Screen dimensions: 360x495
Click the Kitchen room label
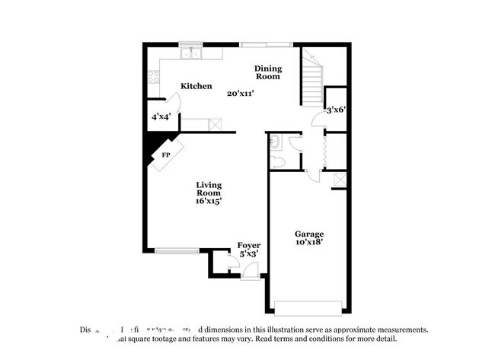coord(196,87)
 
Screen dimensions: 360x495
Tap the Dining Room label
coord(267,72)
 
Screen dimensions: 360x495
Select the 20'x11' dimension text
coord(240,94)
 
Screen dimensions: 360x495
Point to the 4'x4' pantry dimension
coord(161,117)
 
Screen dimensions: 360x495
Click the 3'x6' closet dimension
coord(336,110)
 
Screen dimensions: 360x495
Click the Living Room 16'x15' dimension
coord(208,201)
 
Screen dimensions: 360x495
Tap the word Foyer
coord(249,245)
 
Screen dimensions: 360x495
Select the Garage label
coord(309,234)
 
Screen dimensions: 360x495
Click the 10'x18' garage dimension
coord(309,243)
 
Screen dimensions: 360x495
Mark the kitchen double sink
coord(190,54)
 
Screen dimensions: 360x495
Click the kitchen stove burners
coord(153,76)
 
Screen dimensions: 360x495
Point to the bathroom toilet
coord(279,161)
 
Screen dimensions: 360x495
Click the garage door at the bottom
coord(309,307)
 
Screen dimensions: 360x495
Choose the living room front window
coord(177,250)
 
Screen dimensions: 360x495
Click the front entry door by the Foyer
coord(251,275)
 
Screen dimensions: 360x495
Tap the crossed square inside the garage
coord(340,181)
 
